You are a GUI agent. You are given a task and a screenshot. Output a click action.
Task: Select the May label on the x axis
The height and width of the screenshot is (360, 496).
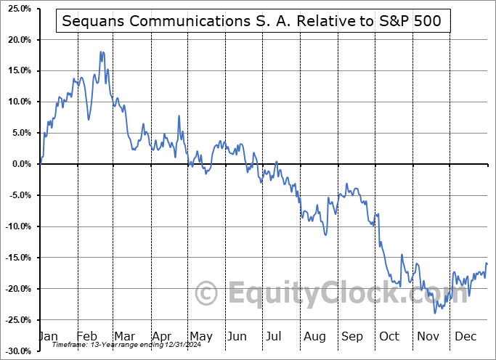pos(201,336)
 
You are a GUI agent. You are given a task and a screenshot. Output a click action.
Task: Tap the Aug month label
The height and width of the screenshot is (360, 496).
pos(315,336)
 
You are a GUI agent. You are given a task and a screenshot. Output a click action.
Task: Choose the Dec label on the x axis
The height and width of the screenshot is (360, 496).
pos(465,336)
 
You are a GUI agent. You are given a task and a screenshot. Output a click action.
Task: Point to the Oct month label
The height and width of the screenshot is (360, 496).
pos(390,336)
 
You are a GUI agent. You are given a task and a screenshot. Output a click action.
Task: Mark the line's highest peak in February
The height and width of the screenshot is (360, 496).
pos(102,52)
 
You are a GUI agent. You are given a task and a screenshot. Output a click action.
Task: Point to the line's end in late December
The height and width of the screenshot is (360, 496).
pos(487,263)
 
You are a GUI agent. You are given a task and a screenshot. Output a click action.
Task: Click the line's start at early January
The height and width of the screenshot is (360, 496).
pos(41,165)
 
